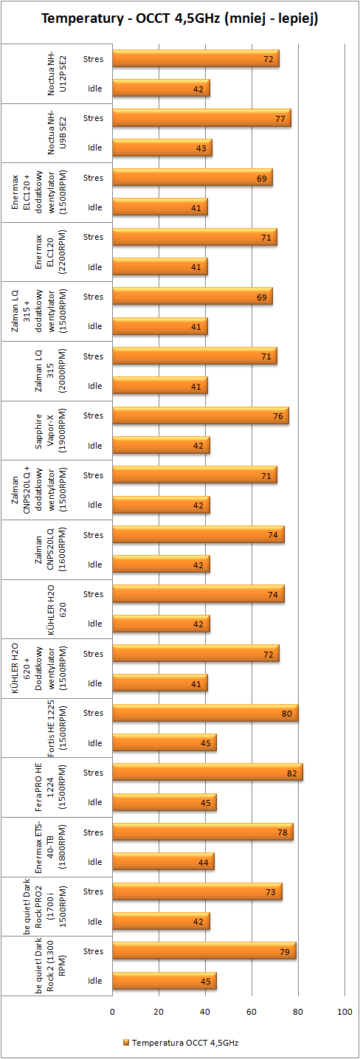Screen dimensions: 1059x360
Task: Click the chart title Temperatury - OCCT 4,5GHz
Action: click(180, 20)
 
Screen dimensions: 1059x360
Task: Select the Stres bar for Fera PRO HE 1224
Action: click(207, 773)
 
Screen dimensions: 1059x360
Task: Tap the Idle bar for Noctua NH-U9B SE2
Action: click(162, 148)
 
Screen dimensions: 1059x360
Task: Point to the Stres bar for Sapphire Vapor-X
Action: click(201, 415)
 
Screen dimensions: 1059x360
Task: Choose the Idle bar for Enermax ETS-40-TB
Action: click(164, 862)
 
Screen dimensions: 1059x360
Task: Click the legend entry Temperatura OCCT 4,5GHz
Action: click(180, 1043)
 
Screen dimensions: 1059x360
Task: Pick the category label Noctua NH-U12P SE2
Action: click(56, 73)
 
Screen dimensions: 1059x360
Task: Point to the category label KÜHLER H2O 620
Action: click(56, 610)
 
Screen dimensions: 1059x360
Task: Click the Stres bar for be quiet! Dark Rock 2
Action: click(204, 951)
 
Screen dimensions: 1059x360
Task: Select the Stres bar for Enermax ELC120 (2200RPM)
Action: click(195, 237)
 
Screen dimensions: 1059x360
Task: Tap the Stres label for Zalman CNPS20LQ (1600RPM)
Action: click(94, 535)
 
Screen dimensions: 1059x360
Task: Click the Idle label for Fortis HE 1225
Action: click(95, 743)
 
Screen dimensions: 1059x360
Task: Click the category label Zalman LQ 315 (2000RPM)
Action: click(56, 371)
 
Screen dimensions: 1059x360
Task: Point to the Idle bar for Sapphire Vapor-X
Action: click(162, 445)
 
